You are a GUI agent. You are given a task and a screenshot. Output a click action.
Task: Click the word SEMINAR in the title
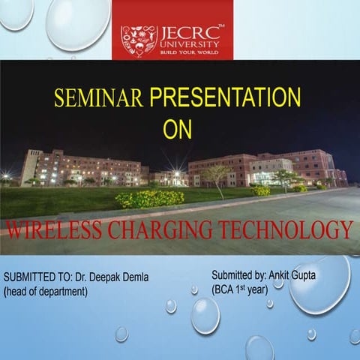click(99, 97)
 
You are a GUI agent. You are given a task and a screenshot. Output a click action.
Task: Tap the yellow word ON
click(178, 128)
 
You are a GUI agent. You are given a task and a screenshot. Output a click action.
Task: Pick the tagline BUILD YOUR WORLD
click(190, 52)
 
